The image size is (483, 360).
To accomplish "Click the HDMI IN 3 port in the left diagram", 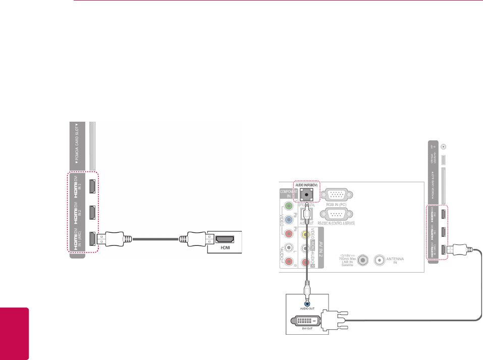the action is click(x=94, y=187).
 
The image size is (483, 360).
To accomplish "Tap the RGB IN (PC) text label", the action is click(x=336, y=205).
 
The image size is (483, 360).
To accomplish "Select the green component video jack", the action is click(x=288, y=206).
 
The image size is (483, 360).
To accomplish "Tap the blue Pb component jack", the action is click(x=288, y=220).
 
